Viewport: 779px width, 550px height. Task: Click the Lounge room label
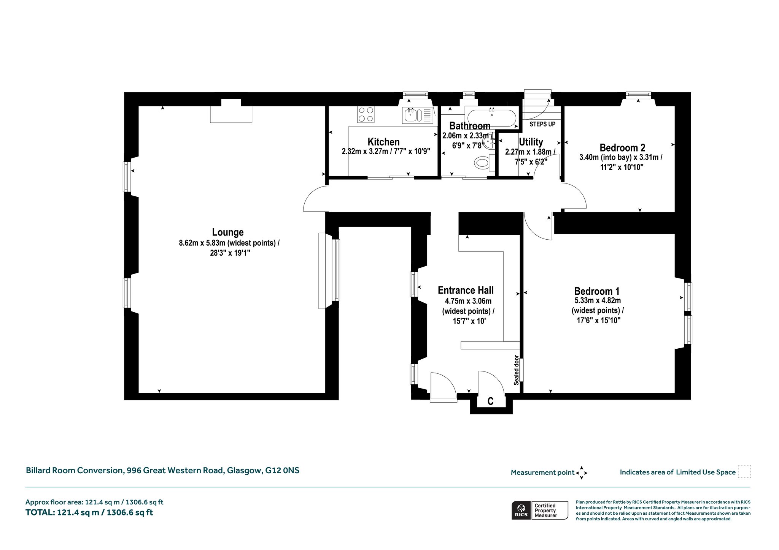[228, 232]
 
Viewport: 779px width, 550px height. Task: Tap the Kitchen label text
[383, 142]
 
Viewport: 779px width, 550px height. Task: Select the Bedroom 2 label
[622, 148]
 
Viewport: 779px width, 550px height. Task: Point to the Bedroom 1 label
[597, 291]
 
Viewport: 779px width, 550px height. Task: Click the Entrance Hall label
[466, 290]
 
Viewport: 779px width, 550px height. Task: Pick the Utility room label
[531, 142]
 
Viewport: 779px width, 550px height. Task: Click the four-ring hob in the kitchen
[366, 114]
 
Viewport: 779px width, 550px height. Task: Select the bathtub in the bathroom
[492, 118]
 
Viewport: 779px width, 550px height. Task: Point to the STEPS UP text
[542, 124]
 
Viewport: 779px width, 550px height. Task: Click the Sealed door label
[516, 370]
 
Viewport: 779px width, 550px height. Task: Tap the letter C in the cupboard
[491, 401]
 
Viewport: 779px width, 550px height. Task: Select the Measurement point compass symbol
[582, 473]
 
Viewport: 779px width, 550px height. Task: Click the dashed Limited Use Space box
[744, 472]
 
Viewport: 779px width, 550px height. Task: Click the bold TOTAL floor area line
[89, 512]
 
